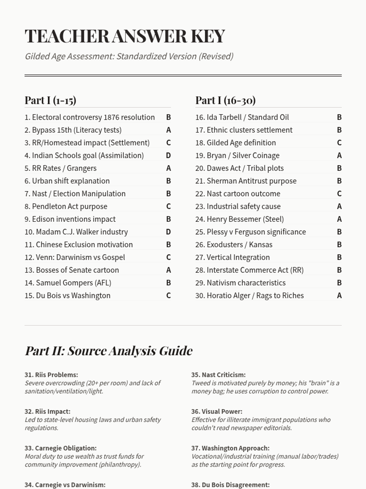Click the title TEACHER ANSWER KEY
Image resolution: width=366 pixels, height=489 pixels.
125,36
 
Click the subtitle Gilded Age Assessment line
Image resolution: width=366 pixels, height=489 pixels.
129,57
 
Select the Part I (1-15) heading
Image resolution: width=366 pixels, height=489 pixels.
50,100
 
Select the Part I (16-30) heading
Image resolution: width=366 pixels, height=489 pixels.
225,100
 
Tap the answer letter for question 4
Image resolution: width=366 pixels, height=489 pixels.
168,156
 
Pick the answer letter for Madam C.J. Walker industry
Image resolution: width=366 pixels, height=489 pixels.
168,232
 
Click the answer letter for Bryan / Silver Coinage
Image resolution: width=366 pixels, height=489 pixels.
339,156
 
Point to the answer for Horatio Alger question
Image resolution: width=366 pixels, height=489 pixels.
339,296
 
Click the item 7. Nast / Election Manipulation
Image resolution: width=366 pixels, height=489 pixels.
75,194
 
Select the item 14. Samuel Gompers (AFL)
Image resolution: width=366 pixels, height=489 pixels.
68,283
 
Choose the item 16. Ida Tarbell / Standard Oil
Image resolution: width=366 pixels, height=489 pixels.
242,117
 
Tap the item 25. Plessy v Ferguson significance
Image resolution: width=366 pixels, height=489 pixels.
250,232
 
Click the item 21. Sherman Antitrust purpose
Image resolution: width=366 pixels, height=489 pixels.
246,181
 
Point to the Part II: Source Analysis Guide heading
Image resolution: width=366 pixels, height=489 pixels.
109,351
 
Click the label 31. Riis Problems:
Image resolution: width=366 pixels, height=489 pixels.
51,375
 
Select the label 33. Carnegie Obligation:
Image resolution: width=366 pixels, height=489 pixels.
60,448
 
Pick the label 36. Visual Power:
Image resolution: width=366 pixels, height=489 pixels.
217,411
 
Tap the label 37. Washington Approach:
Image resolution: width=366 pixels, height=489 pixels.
230,448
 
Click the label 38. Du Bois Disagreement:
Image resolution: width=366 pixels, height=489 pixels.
230,485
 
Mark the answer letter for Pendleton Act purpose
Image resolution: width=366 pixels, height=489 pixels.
168,207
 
